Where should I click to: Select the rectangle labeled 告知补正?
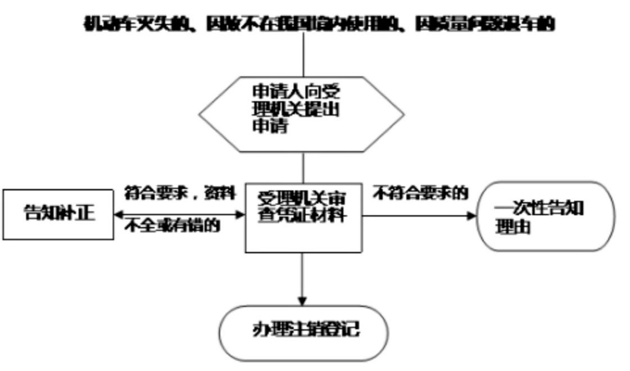tap(58, 214)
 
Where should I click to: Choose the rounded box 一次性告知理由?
tap(545, 216)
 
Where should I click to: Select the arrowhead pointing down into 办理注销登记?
tap(303, 300)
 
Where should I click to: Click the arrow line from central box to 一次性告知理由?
tap(416, 215)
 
